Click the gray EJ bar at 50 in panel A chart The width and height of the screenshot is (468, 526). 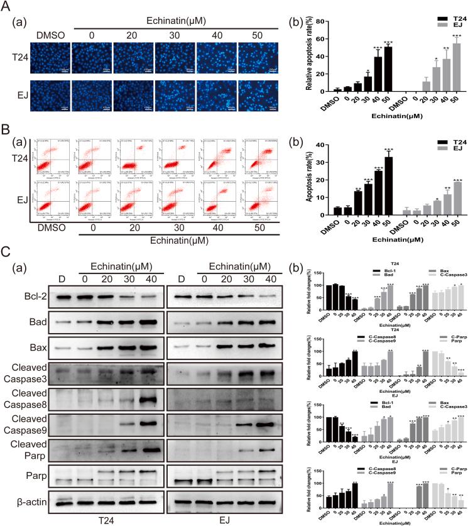(457, 68)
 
